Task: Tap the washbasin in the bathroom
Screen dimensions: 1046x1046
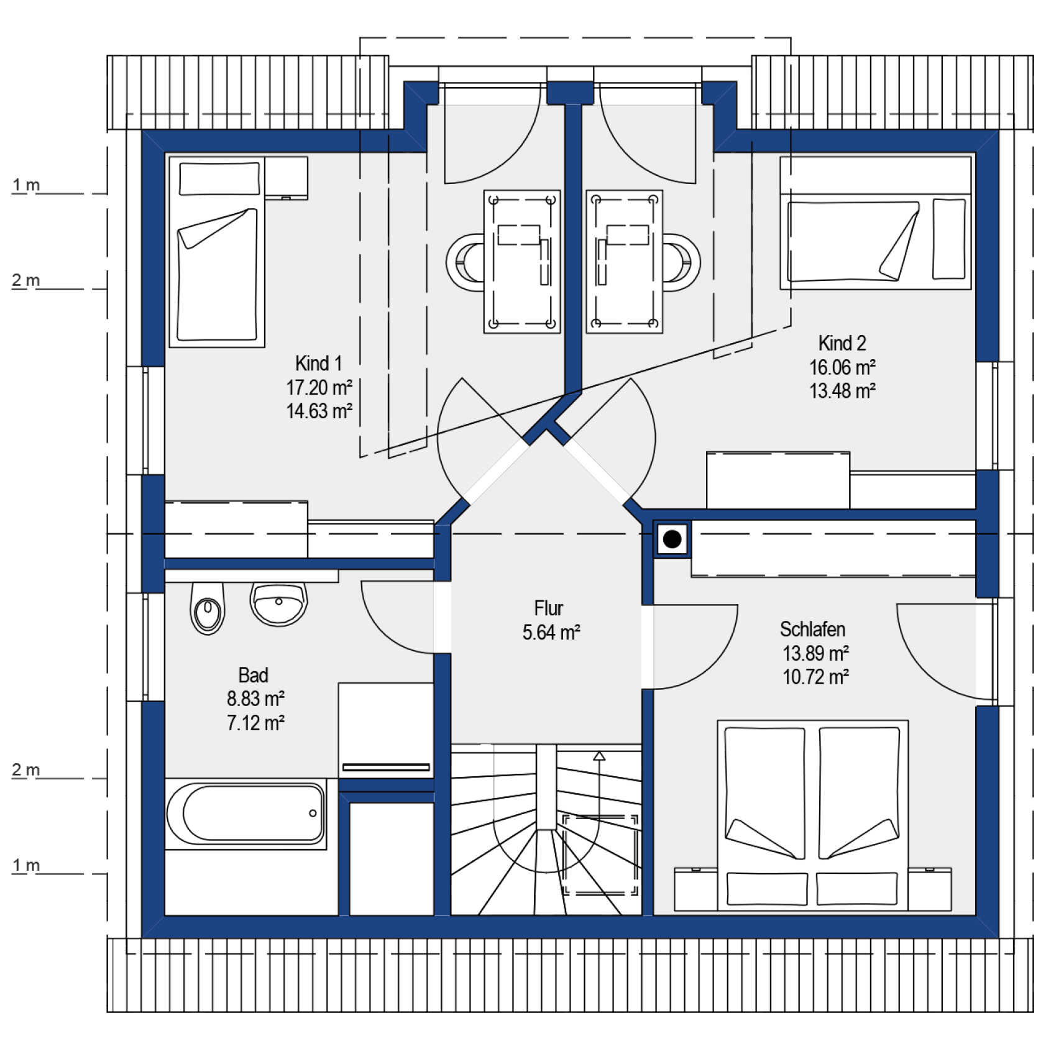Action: point(278,603)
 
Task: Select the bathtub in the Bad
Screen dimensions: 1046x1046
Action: point(246,813)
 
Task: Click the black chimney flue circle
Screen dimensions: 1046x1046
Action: point(672,539)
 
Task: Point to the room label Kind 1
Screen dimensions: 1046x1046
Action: point(318,364)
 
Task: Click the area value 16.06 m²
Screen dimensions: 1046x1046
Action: point(842,367)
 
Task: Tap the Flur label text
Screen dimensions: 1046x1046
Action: point(549,608)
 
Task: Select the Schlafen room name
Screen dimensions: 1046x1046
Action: point(813,630)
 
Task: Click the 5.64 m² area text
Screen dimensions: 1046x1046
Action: point(551,633)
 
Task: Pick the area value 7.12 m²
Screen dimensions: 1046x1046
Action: point(255,723)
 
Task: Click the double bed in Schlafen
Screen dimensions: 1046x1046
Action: point(813,815)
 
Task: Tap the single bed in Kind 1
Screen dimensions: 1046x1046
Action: point(217,251)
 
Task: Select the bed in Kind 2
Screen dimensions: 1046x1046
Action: point(876,223)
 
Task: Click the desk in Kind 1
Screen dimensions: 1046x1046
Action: point(522,262)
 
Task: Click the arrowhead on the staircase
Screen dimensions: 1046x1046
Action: point(599,756)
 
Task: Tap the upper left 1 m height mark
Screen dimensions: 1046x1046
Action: point(26,185)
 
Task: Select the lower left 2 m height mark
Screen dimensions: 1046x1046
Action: point(26,770)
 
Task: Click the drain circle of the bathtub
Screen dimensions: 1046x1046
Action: point(313,813)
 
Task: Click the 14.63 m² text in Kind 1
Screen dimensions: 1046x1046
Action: point(319,411)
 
